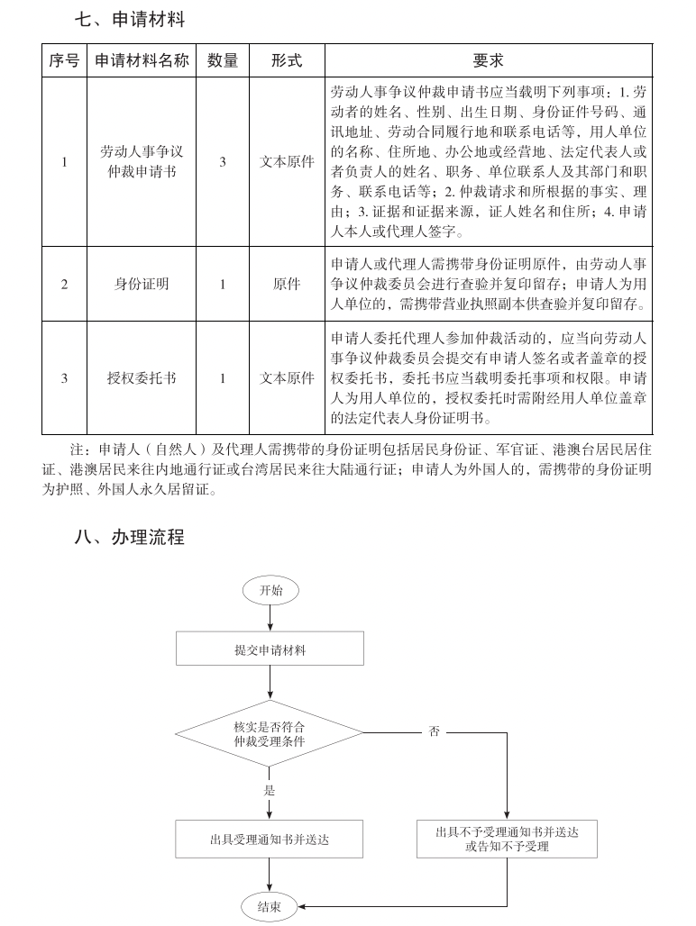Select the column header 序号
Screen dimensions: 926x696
[x=64, y=60]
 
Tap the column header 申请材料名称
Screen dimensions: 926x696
[x=142, y=60]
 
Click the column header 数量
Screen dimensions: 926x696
[x=223, y=60]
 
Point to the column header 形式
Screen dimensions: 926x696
[x=287, y=60]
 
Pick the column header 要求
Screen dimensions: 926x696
[x=488, y=60]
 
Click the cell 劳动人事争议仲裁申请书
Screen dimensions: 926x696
[x=142, y=162]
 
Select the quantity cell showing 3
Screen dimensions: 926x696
[x=223, y=162]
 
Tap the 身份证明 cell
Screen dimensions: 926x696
[x=142, y=284]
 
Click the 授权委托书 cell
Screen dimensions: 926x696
[x=142, y=378]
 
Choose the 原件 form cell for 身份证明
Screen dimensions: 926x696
[x=287, y=284]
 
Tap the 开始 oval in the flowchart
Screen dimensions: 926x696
[x=270, y=591]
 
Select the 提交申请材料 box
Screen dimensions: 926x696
[x=270, y=649]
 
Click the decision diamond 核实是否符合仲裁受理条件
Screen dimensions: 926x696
[x=269, y=733]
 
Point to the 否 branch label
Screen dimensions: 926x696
[x=434, y=732]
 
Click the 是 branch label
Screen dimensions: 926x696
[x=269, y=791]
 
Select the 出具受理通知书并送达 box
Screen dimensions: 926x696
[x=269, y=839]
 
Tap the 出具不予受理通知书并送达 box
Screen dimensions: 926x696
[x=507, y=839]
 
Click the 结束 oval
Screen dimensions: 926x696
[x=270, y=906]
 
